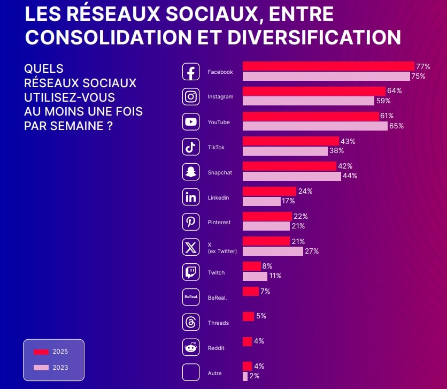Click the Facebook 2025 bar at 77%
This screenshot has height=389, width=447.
(x=328, y=66)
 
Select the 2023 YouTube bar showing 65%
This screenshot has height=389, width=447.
(x=315, y=126)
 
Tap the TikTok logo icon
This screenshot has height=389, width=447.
(x=191, y=147)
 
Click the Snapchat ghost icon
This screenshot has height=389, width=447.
(x=191, y=172)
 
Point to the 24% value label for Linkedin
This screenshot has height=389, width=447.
(x=306, y=191)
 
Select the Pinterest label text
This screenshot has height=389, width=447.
(x=219, y=223)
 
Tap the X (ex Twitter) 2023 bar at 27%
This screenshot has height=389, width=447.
(x=273, y=251)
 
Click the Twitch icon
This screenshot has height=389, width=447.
(x=191, y=272)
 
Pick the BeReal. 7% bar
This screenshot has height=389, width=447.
(x=250, y=291)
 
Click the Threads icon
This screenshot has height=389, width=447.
(x=191, y=323)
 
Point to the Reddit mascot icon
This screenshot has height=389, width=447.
(x=191, y=348)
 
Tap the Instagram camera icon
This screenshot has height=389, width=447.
(x=191, y=97)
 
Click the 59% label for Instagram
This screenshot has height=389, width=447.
(x=383, y=101)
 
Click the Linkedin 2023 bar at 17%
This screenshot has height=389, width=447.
(x=261, y=201)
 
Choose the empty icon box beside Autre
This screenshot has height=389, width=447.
(x=191, y=372)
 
